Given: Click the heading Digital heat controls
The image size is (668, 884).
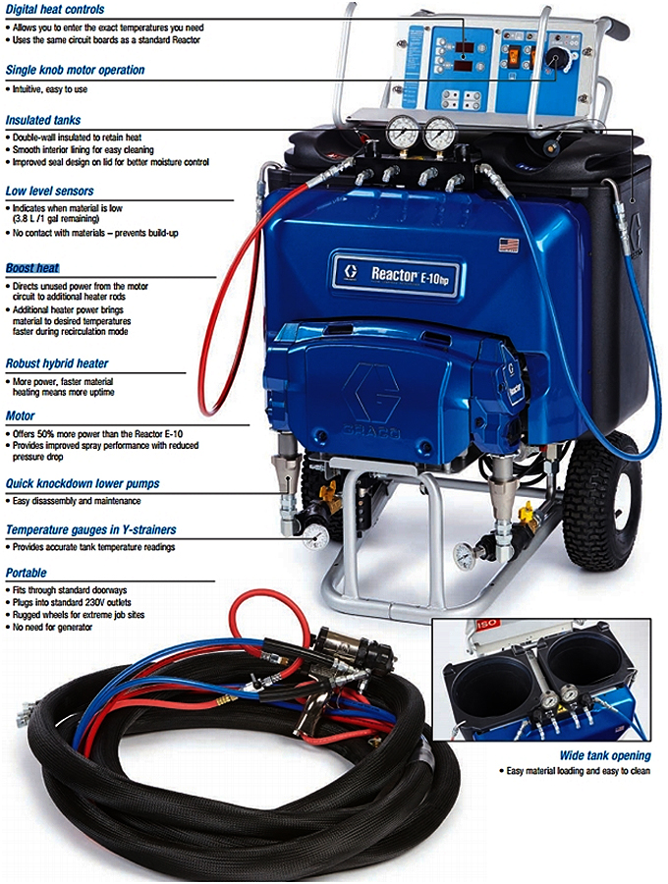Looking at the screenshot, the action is (x=55, y=10).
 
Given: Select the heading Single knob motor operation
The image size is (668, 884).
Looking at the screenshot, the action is (x=75, y=70).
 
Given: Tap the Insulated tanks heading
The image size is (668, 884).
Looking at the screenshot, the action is (x=43, y=120).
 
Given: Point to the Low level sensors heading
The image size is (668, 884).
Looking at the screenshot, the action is (x=49, y=192).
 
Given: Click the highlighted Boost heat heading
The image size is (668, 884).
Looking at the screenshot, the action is (x=32, y=268).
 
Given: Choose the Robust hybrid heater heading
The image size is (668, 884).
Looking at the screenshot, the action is (x=57, y=363).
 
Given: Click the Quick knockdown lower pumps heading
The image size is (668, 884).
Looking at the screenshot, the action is (x=83, y=483).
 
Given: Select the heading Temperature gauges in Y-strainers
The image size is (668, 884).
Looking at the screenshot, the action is (x=90, y=530).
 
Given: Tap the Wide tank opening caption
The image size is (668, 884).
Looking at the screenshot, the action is (x=605, y=755).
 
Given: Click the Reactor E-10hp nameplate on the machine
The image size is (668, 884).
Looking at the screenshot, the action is (x=395, y=274).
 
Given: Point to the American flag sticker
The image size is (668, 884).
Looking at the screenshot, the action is (x=509, y=246).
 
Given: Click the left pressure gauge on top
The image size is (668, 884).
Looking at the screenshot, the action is (x=403, y=133).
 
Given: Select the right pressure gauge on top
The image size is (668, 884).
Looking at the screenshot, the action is (x=441, y=133).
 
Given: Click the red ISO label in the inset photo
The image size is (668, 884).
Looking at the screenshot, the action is (x=486, y=624).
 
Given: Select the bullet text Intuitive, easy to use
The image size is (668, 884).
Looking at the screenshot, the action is (x=49, y=89).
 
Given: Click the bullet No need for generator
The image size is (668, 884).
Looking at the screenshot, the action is (x=52, y=627).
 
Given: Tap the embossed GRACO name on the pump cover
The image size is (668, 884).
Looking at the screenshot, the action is (x=371, y=432).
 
